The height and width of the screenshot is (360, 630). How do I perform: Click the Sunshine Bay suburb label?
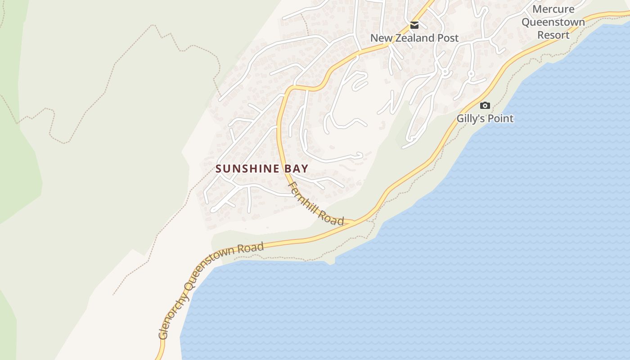262,169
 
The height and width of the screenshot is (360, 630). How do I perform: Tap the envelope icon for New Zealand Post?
414,25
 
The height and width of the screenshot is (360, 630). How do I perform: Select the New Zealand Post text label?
414,38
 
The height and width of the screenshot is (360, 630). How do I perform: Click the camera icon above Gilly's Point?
485,106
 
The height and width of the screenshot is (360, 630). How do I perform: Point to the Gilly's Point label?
485,118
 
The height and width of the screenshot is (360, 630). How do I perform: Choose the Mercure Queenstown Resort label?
553,22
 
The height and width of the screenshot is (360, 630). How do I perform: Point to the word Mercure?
553,9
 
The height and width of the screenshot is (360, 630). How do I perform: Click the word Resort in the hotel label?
553,35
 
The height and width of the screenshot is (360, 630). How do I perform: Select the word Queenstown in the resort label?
553,22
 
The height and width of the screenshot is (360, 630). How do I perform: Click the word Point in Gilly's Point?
500,118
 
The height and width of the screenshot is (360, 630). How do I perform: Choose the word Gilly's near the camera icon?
471,118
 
